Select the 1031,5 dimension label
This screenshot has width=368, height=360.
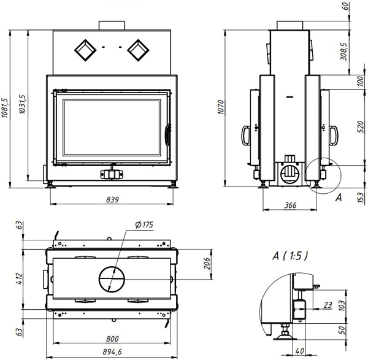click(x=23, y=105)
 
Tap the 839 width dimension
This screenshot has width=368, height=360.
click(x=112, y=200)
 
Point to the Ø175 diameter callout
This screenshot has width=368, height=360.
click(x=144, y=225)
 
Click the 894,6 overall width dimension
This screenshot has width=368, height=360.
click(x=112, y=352)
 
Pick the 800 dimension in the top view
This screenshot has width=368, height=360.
click(x=112, y=339)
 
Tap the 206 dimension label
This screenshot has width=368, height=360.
click(x=207, y=264)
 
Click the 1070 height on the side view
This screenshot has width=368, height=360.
click(x=221, y=107)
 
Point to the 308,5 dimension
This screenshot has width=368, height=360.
click(x=344, y=52)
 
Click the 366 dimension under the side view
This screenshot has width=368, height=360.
click(x=290, y=205)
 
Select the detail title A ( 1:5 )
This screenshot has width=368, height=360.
click(x=290, y=256)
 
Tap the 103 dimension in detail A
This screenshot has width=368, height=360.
click(x=342, y=305)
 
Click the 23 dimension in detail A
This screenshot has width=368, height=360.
click(x=328, y=305)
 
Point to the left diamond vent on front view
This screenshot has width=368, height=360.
click(x=85, y=50)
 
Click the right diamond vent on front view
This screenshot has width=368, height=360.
click(x=138, y=50)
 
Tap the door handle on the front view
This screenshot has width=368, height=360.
click(x=167, y=135)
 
